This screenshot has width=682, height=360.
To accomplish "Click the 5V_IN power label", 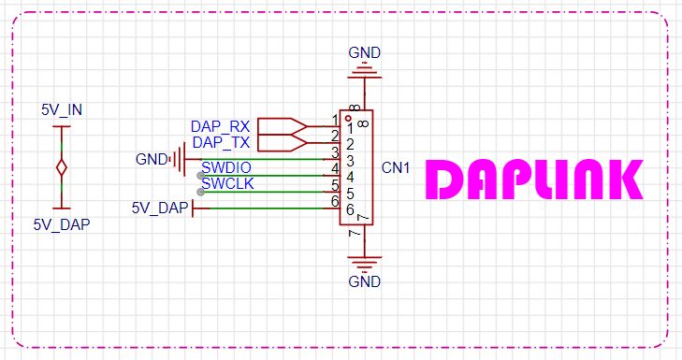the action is tap(62, 109).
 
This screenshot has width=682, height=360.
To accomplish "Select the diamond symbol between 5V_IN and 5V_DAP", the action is tap(62, 167).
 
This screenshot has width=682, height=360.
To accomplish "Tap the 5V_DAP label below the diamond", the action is tap(62, 224).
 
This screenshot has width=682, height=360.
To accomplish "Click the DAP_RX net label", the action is tap(221, 126).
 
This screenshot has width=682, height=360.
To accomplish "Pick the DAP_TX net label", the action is tap(221, 142).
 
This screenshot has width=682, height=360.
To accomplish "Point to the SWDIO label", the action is tap(226, 167).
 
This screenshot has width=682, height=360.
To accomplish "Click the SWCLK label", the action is tap(227, 183).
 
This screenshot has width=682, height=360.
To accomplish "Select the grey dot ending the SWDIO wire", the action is tap(200, 176).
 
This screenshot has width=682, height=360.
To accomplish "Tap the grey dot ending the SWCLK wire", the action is tap(200, 192).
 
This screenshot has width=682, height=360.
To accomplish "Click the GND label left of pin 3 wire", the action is tap(152, 159).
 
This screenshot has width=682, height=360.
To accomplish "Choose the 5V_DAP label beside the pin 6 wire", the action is tap(160, 208).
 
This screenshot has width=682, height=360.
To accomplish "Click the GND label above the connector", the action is tap(365, 52).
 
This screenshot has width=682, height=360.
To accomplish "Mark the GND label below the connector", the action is tap(365, 281).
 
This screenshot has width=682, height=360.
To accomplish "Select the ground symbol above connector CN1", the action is tap(365, 71).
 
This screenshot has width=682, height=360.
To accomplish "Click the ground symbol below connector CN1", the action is tap(365, 264).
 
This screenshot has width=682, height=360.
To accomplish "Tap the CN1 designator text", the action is tap(396, 167).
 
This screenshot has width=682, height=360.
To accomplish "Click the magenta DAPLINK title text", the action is tap(534, 180).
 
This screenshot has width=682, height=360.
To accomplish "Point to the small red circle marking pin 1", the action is tap(348, 118).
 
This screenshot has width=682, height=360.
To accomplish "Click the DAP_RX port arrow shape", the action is tap(283, 126).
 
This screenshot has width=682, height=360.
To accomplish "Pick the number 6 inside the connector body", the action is tap(350, 209).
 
